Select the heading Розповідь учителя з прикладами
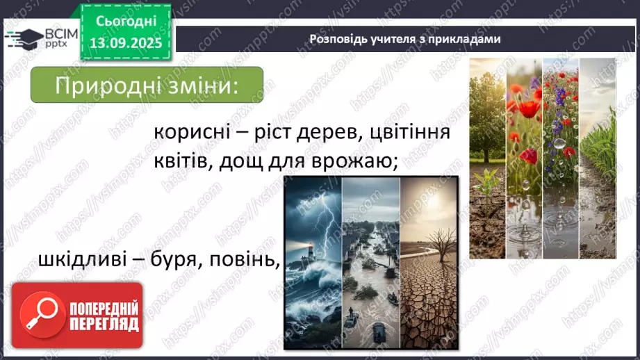404,40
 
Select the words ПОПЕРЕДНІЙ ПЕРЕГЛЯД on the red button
104,316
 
